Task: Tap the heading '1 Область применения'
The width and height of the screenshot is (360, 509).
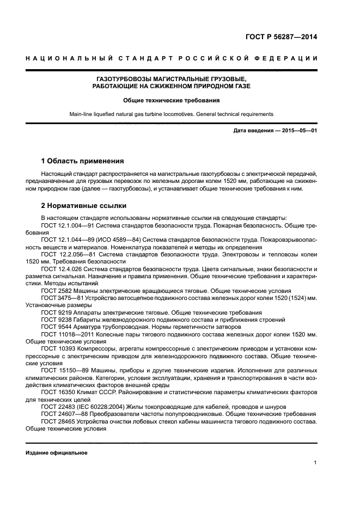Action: [82, 161]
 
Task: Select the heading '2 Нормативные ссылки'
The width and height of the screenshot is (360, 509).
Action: [84, 206]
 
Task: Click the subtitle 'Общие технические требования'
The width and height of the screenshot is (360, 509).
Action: [170, 101]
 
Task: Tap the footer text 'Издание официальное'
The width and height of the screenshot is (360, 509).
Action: [56, 453]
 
